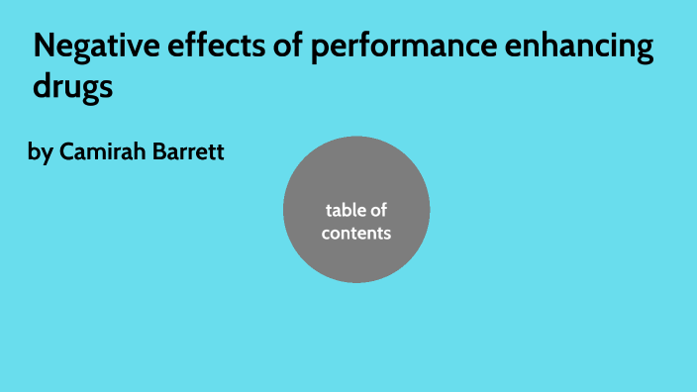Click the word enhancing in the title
(581, 49)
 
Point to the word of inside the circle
(379, 210)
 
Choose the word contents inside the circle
(356, 234)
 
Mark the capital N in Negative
(44, 47)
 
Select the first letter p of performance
(315, 50)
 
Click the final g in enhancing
(645, 51)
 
